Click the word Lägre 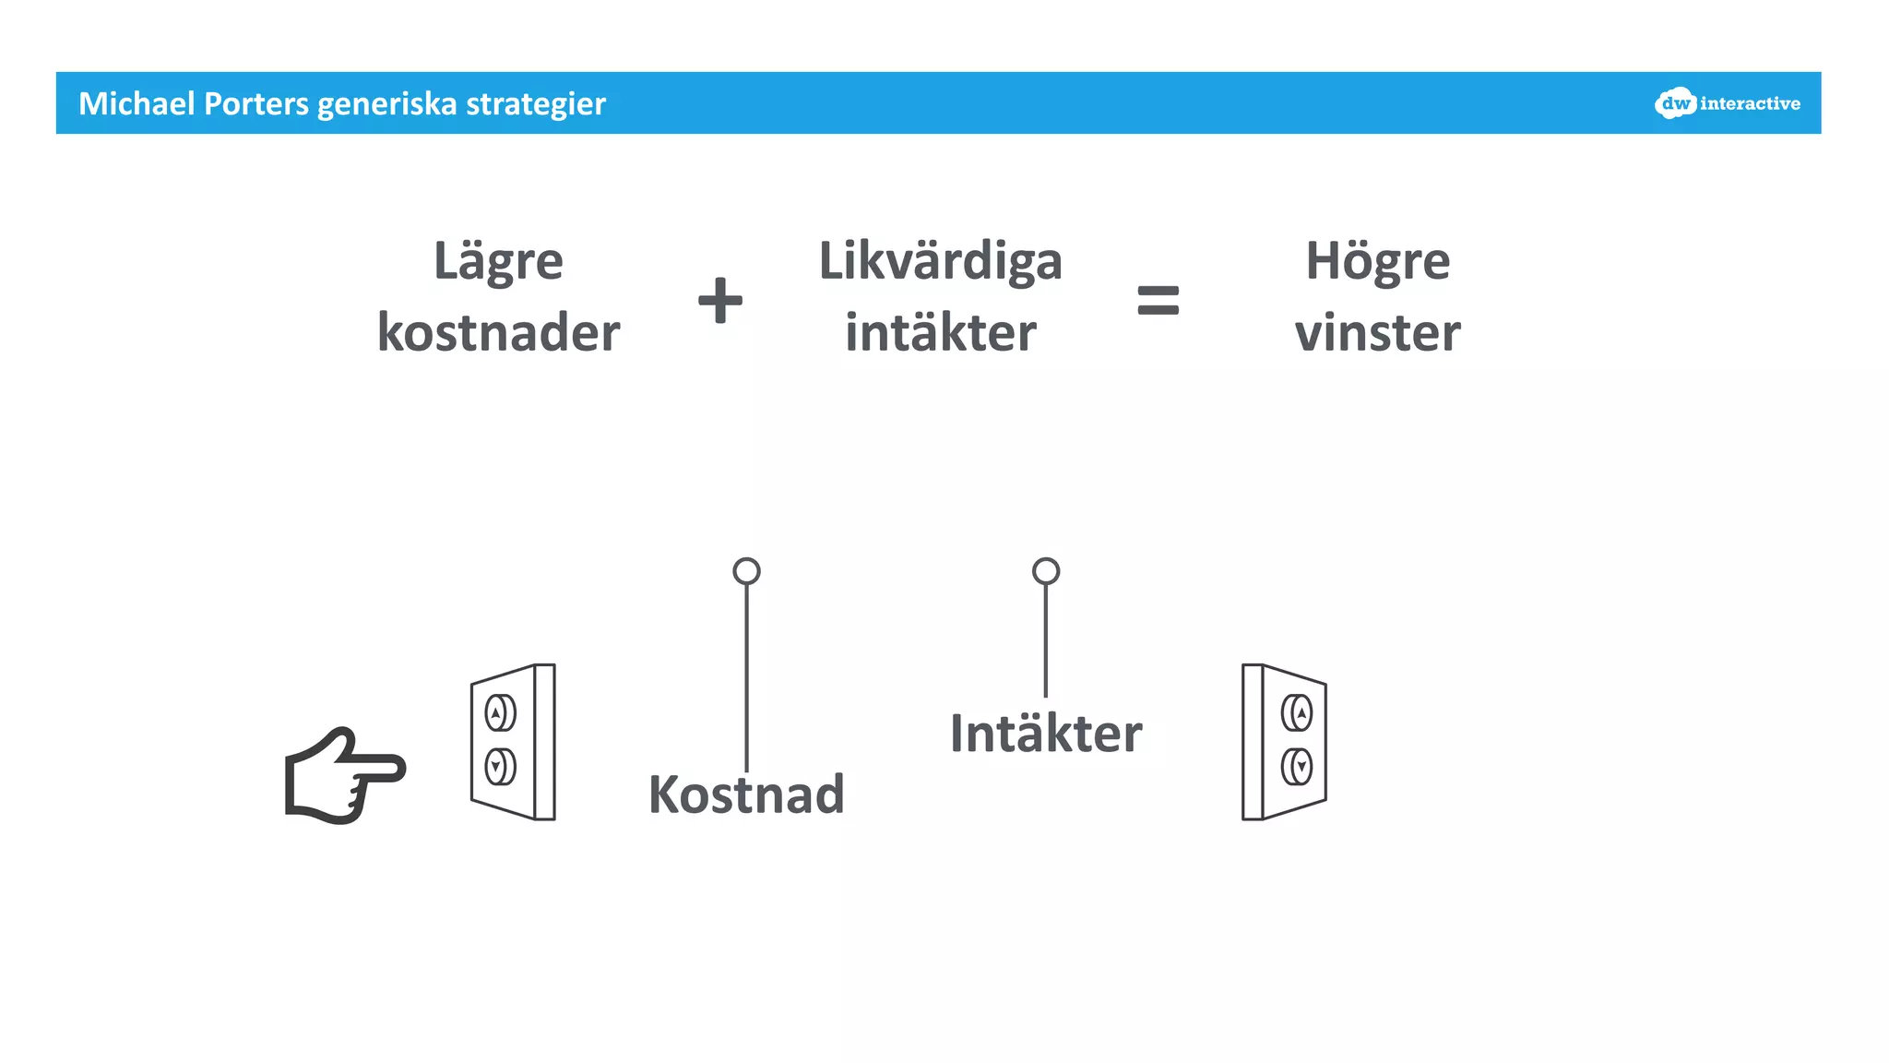(498, 262)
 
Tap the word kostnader (498, 333)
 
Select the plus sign (720, 301)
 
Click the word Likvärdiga (940, 262)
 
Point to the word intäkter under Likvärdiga (940, 333)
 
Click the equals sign (1158, 301)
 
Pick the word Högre (1377, 262)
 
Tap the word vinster (1377, 333)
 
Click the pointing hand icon (343, 776)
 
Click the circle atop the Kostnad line (746, 571)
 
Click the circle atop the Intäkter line (1045, 571)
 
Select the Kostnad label (746, 794)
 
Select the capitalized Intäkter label (1045, 735)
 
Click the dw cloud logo (1675, 103)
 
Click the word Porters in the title (256, 104)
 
